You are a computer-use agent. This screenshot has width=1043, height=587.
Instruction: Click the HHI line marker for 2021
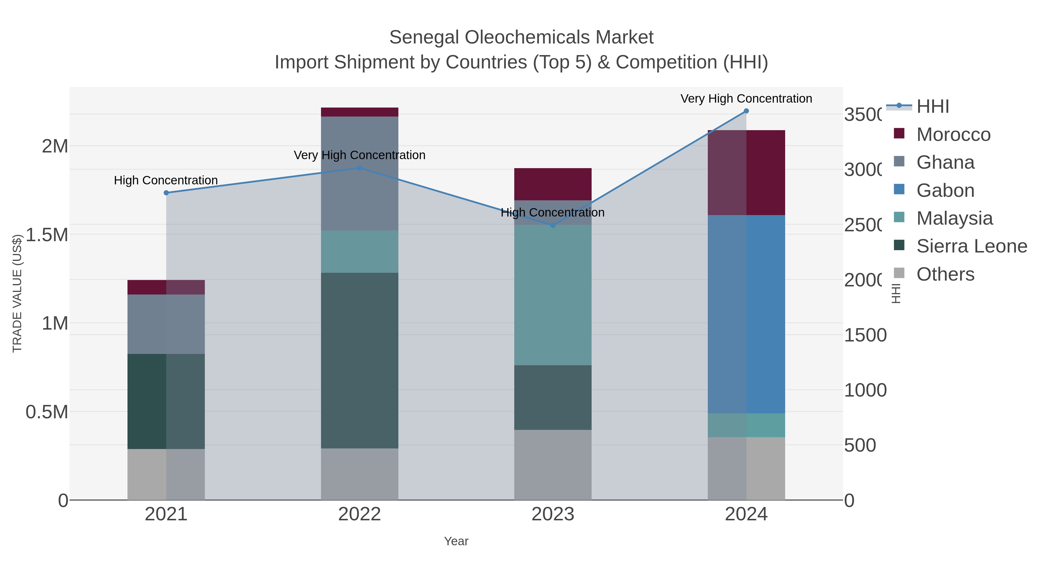pos(166,193)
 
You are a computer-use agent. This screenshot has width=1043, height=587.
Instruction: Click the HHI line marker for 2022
pos(360,168)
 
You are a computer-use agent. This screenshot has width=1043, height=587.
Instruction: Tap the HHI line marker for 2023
pos(553,225)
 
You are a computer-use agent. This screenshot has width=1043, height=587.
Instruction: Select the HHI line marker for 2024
pos(746,111)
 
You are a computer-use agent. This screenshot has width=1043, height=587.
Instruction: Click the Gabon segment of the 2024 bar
pos(746,314)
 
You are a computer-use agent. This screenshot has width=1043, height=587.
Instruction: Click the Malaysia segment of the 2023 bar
pos(553,295)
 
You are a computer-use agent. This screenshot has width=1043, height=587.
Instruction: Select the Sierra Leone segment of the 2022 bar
pos(360,361)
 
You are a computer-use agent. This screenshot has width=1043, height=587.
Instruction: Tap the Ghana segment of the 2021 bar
pos(166,324)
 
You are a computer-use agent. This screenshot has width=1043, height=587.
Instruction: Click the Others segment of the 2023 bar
pos(553,465)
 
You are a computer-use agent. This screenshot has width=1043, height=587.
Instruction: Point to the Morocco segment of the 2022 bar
pos(360,112)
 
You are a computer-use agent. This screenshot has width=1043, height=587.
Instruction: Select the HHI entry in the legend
pos(932,107)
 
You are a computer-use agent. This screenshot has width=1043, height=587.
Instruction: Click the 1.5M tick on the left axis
pos(47,235)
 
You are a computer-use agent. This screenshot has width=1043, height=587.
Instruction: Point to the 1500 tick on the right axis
pos(865,335)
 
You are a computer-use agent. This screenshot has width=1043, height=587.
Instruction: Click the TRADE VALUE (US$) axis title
pos(17,293)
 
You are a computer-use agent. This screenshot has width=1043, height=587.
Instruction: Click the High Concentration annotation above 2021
pos(166,180)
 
